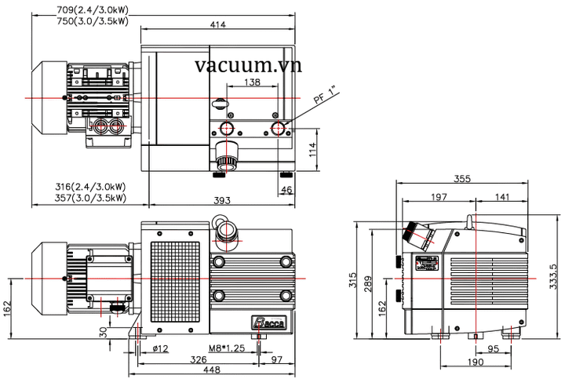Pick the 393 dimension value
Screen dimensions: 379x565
(x=222, y=201)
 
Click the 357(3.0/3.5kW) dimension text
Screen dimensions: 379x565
(x=89, y=198)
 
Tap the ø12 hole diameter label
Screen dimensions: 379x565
(x=161, y=348)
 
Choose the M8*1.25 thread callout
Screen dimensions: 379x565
(x=227, y=348)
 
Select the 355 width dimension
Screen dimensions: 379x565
(x=462, y=179)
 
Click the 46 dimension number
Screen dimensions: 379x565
(x=286, y=190)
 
